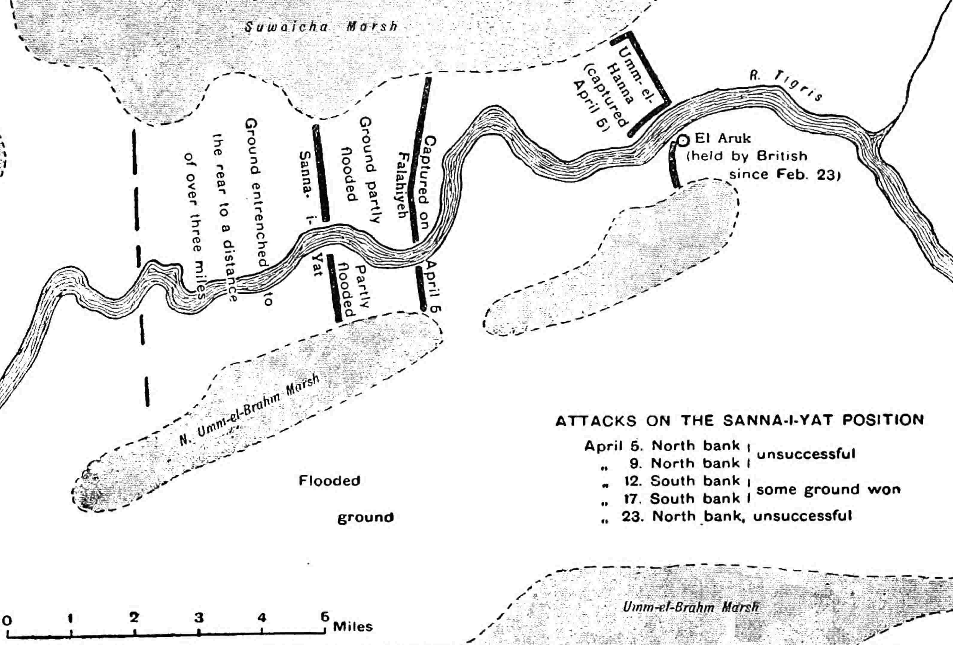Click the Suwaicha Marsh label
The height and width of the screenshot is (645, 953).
[x=321, y=27]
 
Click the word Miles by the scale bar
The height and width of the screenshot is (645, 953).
[x=353, y=626]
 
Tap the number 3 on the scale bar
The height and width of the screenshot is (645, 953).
[x=199, y=617]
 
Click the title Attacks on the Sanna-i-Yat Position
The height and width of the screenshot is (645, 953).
[x=740, y=421]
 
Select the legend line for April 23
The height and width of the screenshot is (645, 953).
[x=727, y=516]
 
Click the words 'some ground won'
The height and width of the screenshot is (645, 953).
[x=828, y=490]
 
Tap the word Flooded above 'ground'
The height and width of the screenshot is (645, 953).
[x=329, y=481]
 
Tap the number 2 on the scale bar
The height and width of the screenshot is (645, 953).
[x=134, y=617]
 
